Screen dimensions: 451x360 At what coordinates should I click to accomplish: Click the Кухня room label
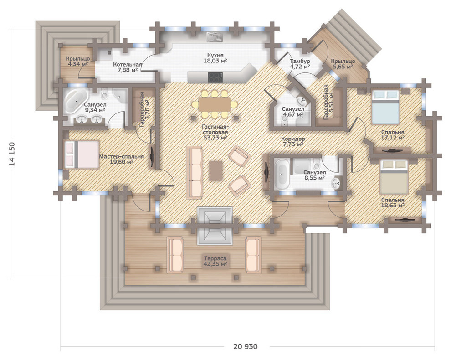215,55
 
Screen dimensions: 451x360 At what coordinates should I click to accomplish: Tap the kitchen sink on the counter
215,36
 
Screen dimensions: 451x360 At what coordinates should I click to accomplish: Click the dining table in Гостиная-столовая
215,104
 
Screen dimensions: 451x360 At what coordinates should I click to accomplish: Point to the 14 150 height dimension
12,154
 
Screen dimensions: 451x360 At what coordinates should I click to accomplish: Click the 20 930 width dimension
246,346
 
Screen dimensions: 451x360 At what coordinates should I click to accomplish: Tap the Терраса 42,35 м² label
215,261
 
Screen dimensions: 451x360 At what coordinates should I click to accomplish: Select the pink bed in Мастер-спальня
82,154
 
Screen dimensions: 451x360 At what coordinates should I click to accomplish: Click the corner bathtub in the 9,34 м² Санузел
75,101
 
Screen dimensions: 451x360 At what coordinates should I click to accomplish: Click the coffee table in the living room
216,170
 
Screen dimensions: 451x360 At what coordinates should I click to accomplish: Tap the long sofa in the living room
195,172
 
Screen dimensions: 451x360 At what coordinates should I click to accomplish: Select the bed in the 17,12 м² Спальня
385,107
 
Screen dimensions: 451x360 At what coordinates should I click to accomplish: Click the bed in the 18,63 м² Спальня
394,177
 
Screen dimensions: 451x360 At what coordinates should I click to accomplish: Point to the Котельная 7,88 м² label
128,67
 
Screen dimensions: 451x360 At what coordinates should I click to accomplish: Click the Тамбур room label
300,61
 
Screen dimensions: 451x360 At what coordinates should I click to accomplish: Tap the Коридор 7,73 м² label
293,141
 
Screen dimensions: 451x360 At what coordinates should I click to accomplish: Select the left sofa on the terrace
175,255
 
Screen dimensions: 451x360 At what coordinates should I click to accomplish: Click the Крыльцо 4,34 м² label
77,61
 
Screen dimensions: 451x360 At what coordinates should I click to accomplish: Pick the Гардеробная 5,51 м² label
328,102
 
